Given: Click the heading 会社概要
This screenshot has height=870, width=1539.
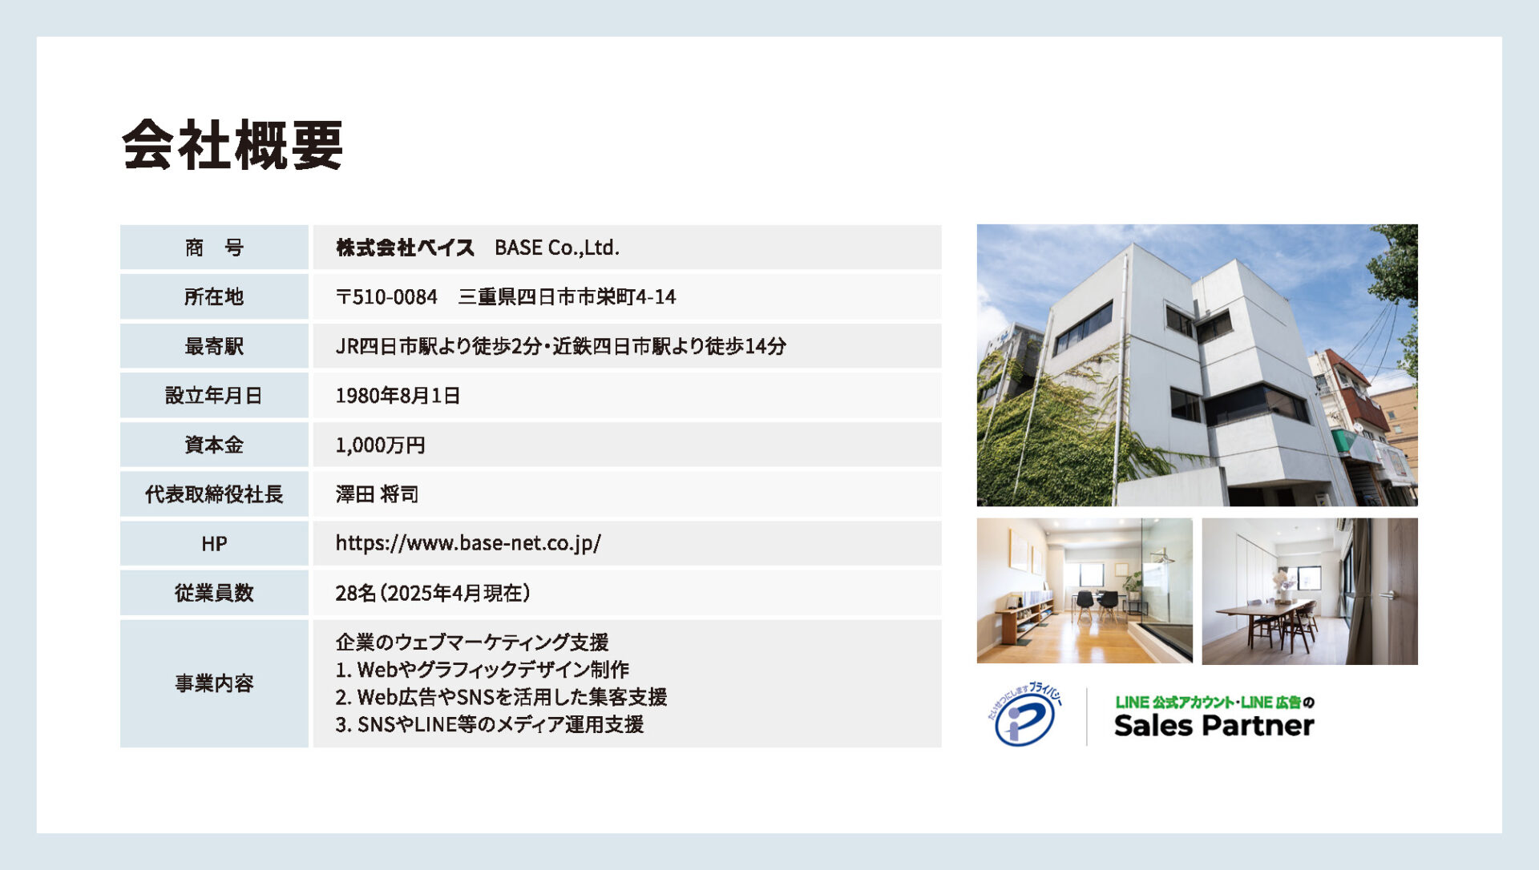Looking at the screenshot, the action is point(232,145).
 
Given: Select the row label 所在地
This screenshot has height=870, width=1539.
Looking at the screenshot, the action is point(213,297).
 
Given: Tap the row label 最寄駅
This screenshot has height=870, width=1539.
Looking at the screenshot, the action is point(213,346).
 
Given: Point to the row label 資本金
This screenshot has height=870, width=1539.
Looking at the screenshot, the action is point(213,445).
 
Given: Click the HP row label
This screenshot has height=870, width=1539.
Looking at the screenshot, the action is point(214,544).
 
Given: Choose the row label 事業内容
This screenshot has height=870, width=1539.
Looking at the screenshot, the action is point(214,683).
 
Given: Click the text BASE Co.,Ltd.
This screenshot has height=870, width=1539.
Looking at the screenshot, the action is point(557,248).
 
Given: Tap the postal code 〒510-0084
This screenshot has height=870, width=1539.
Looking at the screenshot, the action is point(386,297).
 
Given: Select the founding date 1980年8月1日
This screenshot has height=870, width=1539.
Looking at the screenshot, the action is point(398,396).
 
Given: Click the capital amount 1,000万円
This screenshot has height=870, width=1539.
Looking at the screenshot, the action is point(380,445).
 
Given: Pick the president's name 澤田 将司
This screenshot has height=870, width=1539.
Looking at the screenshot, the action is point(377,494).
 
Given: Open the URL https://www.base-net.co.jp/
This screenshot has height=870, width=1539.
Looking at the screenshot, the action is point(468,543).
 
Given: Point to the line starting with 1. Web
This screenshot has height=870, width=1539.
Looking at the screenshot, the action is point(483,669).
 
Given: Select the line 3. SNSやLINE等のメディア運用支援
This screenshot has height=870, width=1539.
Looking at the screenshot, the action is point(490,724).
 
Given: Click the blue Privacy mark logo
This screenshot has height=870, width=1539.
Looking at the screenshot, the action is point(1024,715).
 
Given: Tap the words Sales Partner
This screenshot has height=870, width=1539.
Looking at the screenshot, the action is point(1214,726).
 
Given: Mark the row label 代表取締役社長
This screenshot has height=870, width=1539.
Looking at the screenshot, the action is point(214,494).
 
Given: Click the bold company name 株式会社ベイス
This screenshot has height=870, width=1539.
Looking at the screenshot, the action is point(405,248).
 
